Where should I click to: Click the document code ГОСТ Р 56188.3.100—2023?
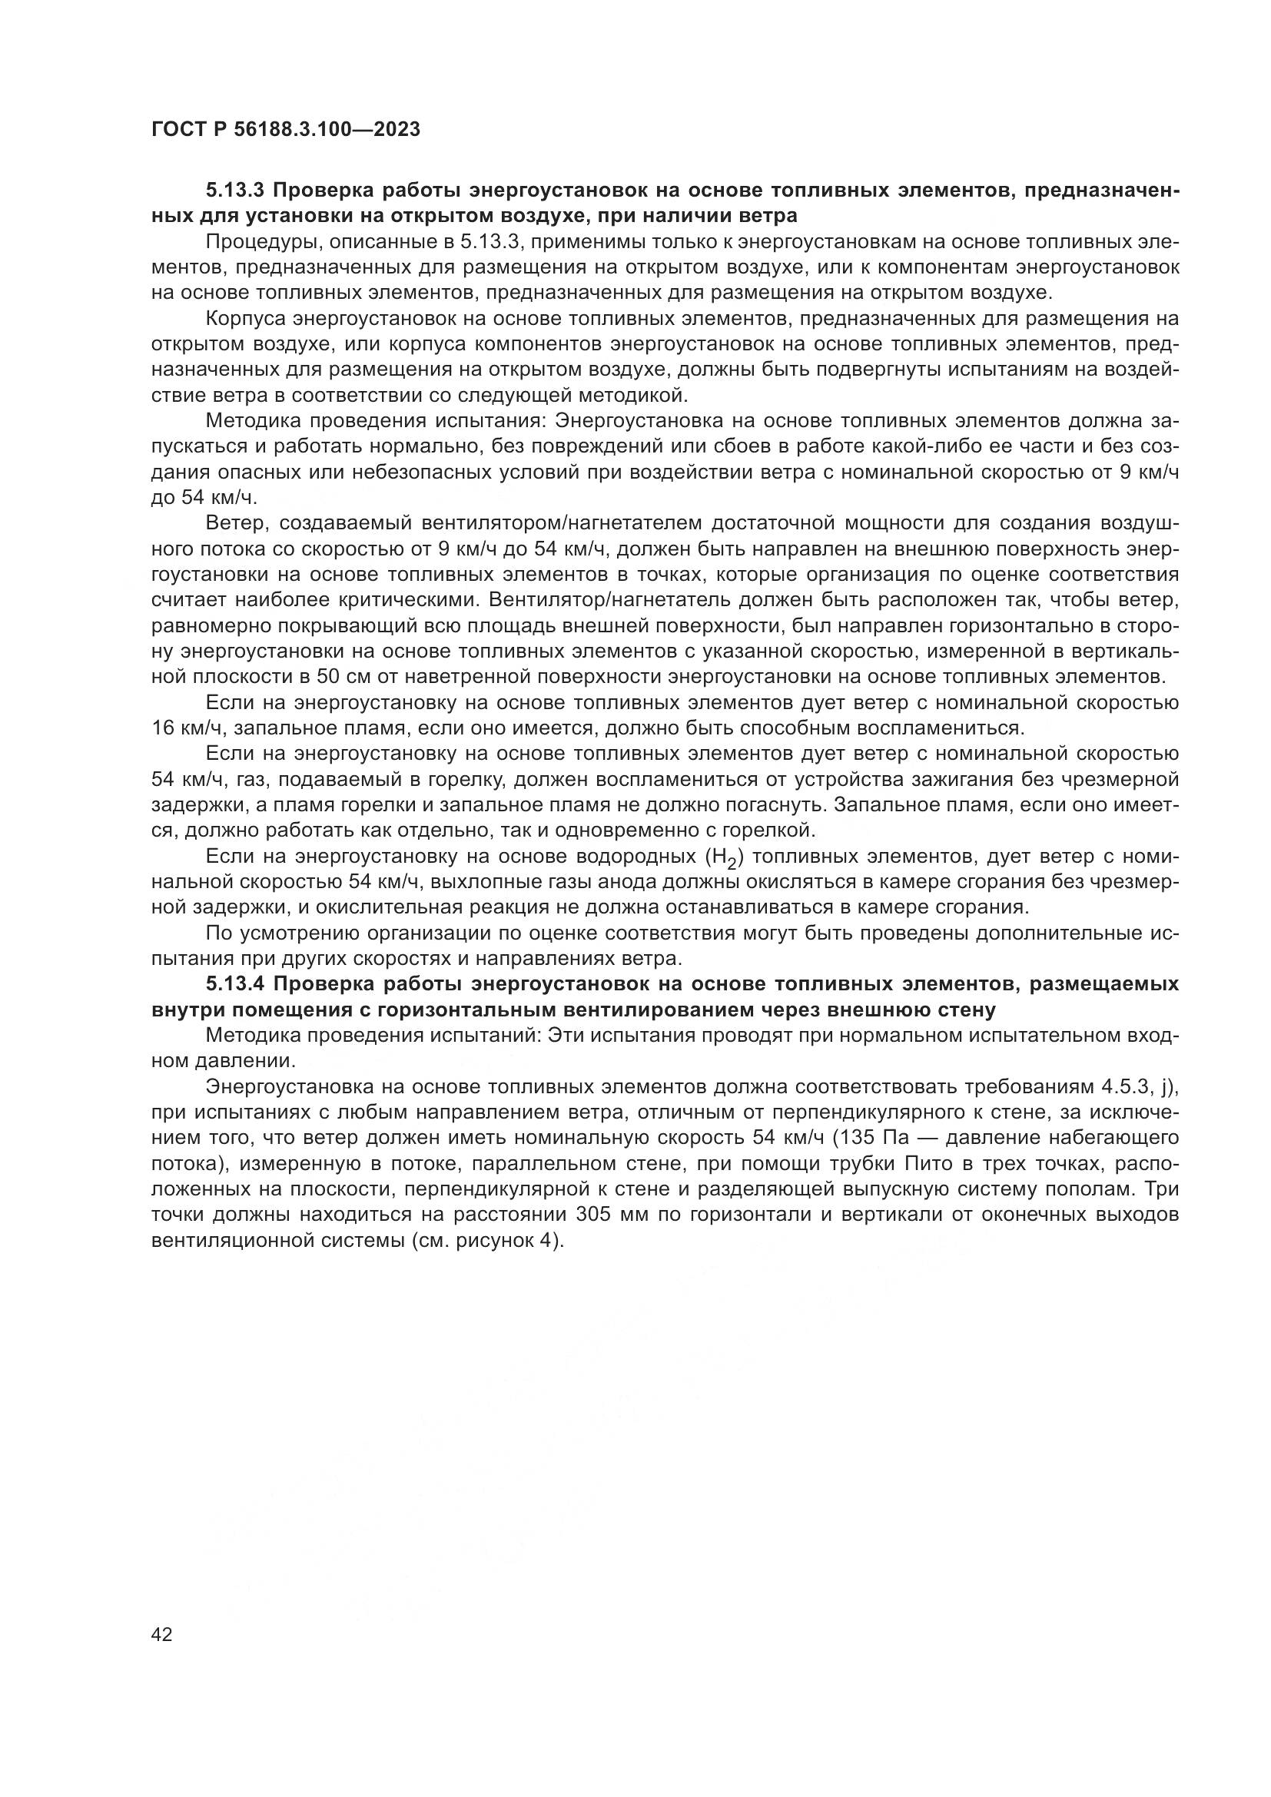click(x=286, y=129)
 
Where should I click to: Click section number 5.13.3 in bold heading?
click(x=235, y=191)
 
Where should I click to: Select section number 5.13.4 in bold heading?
click(x=235, y=985)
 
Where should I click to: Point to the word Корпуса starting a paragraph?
click(x=244, y=319)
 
